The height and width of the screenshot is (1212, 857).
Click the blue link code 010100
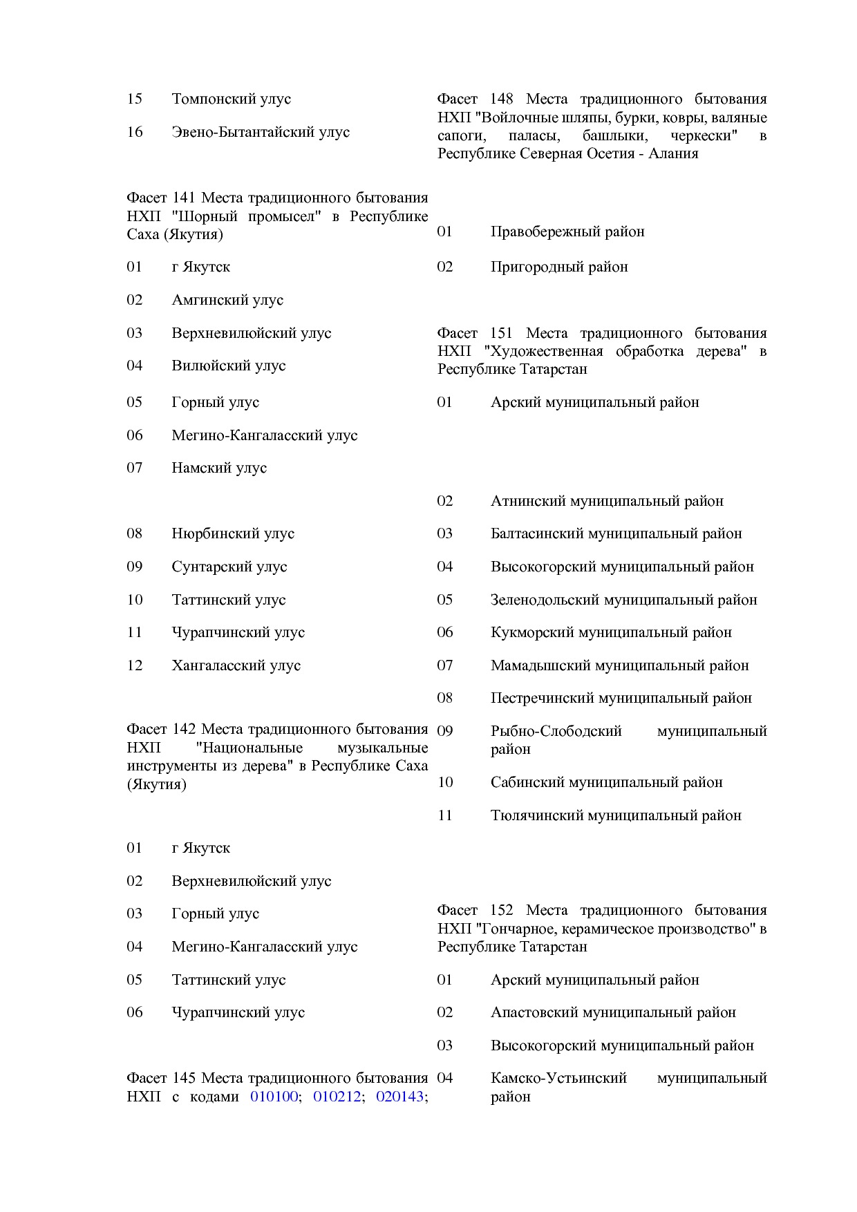point(274,1097)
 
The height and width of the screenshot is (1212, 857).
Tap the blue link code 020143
point(399,1097)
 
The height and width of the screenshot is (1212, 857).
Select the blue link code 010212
point(337,1097)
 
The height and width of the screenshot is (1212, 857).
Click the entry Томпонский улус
point(231,99)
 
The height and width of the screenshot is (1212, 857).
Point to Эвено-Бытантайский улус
point(261,132)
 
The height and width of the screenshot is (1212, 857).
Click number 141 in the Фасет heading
point(184,198)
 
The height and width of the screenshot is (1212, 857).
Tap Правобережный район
point(567,231)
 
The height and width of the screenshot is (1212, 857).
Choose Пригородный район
point(559,267)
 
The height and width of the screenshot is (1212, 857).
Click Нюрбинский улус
point(233,533)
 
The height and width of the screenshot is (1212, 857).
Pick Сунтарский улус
point(229,567)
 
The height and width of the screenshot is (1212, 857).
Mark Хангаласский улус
point(236,665)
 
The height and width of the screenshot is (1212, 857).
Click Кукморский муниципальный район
point(611,632)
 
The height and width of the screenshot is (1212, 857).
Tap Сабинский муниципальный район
point(606,782)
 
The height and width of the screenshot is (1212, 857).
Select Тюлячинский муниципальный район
point(616,815)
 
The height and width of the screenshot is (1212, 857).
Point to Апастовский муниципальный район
point(613,1012)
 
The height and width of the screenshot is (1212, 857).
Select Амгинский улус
point(227,300)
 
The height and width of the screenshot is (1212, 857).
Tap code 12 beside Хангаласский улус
point(135,665)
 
